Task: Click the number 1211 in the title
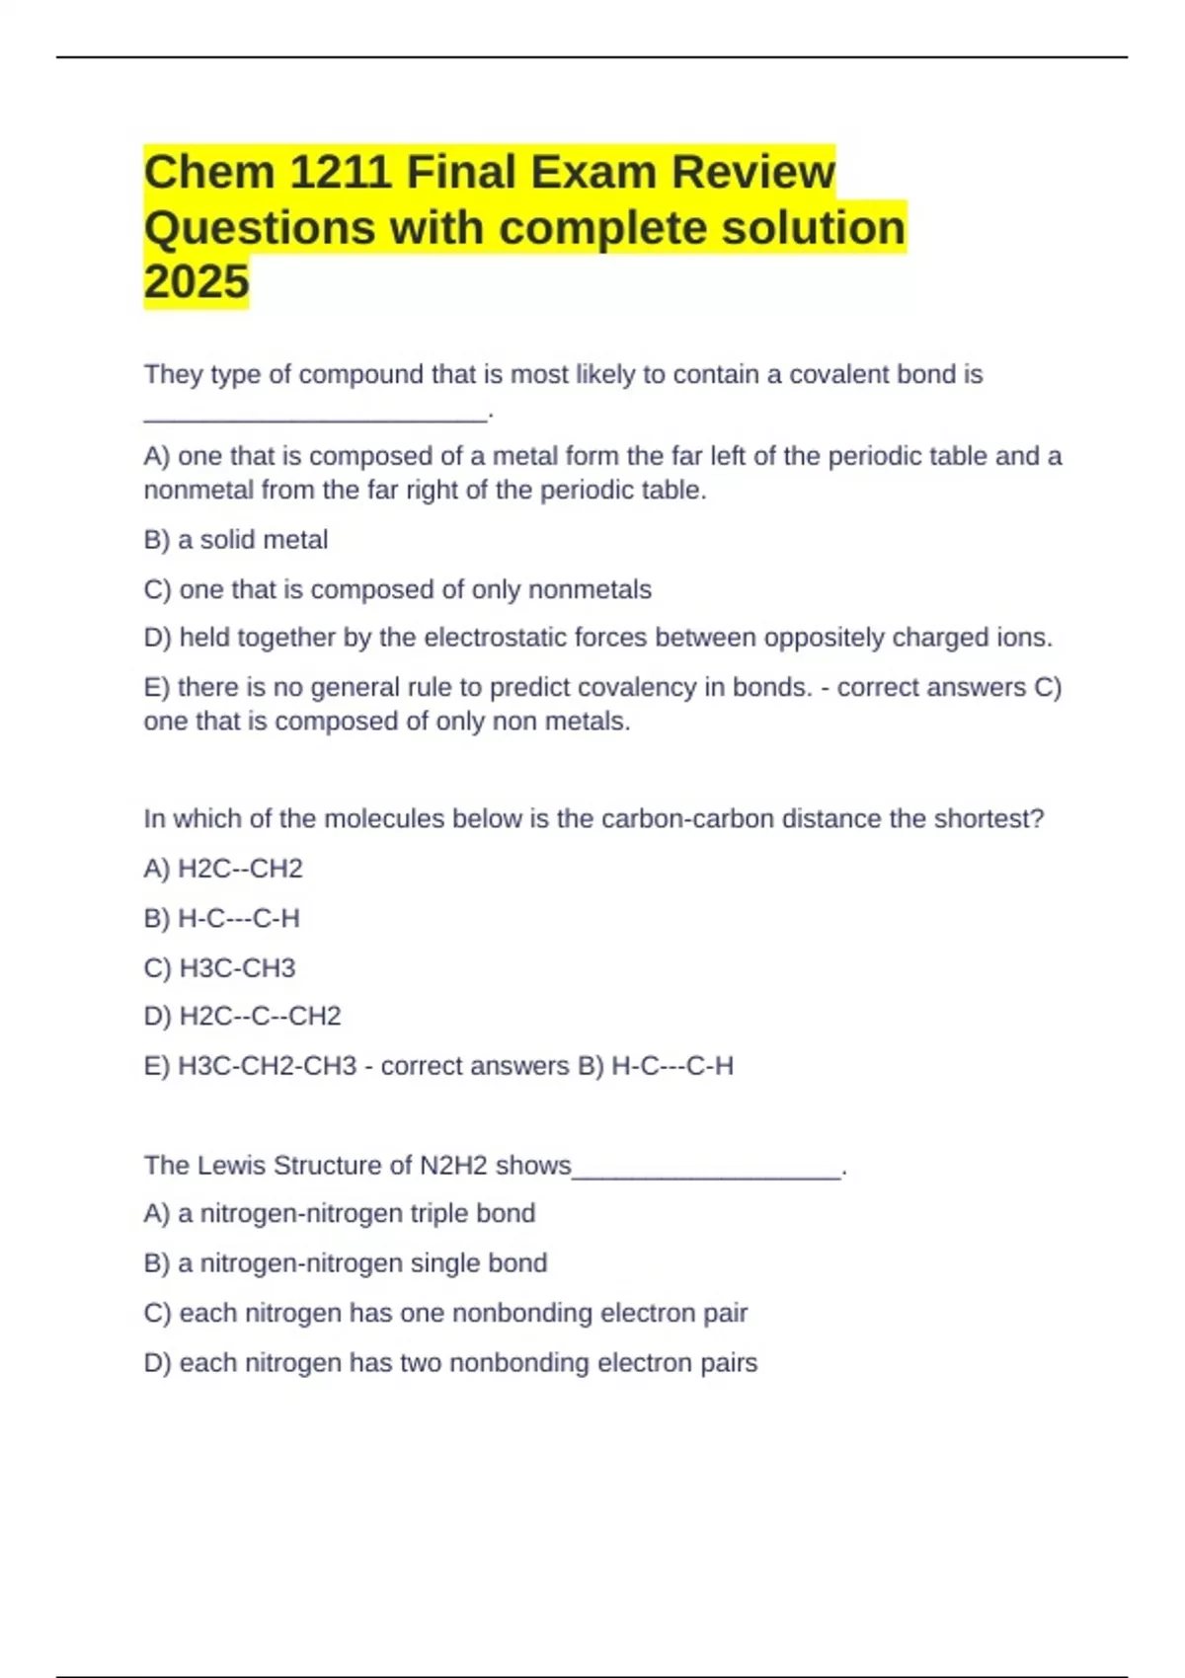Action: tap(341, 172)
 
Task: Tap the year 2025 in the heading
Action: tap(197, 281)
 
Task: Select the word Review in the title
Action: tap(753, 172)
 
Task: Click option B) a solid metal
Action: tap(236, 540)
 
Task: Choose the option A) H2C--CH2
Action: tap(223, 869)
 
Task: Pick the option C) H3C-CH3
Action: tap(219, 968)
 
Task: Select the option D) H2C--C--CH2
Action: tap(242, 1016)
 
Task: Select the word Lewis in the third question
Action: tap(232, 1166)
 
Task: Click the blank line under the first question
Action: tap(315, 419)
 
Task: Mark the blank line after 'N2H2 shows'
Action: tap(706, 1174)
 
